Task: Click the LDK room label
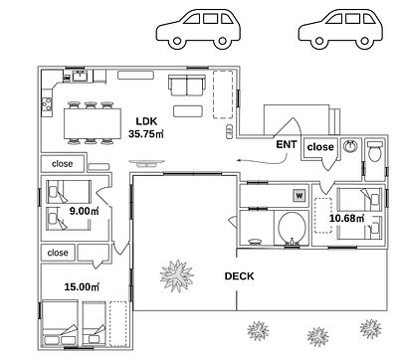(146, 121)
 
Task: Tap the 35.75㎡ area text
(146, 134)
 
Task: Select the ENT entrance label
(287, 144)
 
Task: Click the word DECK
(239, 276)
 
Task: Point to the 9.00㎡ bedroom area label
(85, 211)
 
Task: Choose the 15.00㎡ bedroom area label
(82, 286)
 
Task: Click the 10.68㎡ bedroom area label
(346, 218)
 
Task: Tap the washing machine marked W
(299, 196)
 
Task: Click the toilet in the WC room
(375, 151)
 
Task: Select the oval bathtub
(292, 228)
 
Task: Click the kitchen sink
(80, 76)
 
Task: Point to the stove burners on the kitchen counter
(47, 103)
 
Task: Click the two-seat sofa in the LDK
(186, 86)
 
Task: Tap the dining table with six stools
(93, 123)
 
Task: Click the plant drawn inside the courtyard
(177, 275)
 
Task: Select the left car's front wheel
(177, 41)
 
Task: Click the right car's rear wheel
(364, 41)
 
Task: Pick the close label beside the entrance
(320, 146)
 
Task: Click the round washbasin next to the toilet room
(350, 146)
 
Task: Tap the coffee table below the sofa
(188, 111)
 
